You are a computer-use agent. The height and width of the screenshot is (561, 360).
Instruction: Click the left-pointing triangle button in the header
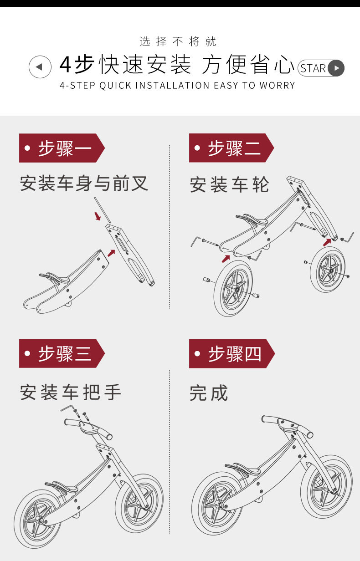tap(40, 67)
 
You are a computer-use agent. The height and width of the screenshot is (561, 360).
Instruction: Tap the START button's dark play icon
tap(336, 68)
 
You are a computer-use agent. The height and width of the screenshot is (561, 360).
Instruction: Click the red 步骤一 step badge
tap(62, 148)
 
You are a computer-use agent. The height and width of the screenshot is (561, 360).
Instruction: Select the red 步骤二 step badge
tap(231, 148)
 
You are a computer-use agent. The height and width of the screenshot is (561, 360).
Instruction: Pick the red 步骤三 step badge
tap(62, 353)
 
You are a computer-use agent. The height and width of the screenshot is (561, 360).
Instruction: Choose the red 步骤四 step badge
tap(231, 353)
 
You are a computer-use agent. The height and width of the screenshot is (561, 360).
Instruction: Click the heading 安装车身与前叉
tap(84, 184)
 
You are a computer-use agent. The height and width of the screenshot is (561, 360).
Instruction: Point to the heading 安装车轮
tap(230, 185)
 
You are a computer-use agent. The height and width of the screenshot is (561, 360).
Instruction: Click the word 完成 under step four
tap(209, 393)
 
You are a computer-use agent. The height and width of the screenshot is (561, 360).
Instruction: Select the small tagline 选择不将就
tap(178, 42)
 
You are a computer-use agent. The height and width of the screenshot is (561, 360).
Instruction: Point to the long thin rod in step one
tap(101, 210)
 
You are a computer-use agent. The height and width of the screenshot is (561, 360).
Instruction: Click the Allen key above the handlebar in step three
tap(68, 407)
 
